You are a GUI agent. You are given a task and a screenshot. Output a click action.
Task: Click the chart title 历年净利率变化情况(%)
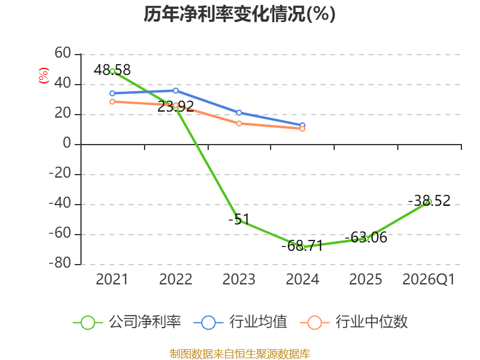[239, 14]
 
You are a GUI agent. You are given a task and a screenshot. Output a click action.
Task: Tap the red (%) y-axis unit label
[43, 76]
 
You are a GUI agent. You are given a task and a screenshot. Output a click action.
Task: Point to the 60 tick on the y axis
[63, 53]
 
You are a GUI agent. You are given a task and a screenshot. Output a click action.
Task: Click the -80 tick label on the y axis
[60, 263]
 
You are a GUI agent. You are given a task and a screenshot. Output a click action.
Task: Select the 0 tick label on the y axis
[67, 143]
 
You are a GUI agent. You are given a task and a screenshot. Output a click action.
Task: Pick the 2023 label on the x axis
[239, 279]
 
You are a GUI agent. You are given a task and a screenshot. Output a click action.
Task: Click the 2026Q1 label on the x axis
[428, 279]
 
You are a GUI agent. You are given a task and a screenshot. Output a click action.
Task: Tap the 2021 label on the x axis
[112, 279]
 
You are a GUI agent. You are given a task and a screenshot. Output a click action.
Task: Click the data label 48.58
[112, 70]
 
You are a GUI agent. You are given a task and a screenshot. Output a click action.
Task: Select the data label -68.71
[302, 245]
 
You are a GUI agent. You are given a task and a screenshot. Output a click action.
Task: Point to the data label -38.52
[429, 201]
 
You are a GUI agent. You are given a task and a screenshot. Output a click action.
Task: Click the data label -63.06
[366, 237]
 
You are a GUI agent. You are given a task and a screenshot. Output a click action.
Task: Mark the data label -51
[239, 219]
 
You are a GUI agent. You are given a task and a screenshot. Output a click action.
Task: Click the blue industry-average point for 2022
[176, 91]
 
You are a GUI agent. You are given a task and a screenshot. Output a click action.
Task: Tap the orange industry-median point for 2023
[239, 124]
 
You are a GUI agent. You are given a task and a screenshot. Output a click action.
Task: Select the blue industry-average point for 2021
[112, 94]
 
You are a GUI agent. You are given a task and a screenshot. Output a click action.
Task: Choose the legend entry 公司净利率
[127, 322]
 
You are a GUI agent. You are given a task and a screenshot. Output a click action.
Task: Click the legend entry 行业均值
[241, 322]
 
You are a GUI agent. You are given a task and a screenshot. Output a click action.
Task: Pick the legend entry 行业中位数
[353, 322]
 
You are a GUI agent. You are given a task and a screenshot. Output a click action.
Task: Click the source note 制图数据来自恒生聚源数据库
[240, 354]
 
